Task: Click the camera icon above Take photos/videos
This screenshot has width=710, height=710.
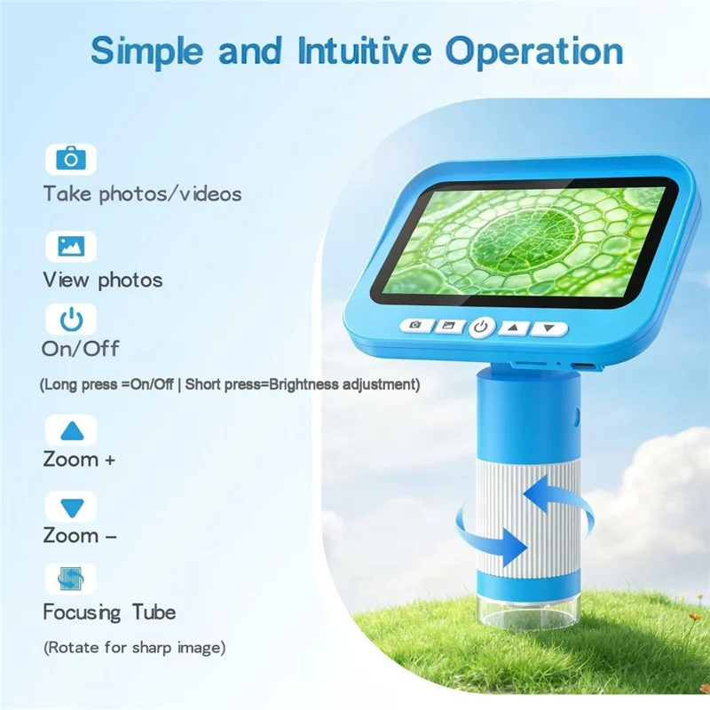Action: coord(71,159)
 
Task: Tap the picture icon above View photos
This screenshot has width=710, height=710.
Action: coord(71,247)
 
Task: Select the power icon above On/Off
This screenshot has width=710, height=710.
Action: coord(72,319)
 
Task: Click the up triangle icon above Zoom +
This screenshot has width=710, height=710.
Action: coord(72,430)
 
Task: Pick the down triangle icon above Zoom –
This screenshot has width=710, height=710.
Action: coord(72,508)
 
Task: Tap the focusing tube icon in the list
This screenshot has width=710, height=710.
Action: coord(71,579)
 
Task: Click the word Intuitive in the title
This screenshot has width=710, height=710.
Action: coord(365,51)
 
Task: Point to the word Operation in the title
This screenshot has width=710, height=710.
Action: coord(534,52)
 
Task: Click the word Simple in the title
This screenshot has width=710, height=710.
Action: coord(147,52)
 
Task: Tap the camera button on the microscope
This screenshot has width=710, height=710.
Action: coord(416,325)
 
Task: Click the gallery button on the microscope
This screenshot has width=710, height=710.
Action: coord(449,326)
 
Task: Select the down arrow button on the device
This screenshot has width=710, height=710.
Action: coord(548,328)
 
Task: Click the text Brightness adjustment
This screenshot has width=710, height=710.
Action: coord(342,384)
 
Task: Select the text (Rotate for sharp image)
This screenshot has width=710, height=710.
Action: coord(135,648)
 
